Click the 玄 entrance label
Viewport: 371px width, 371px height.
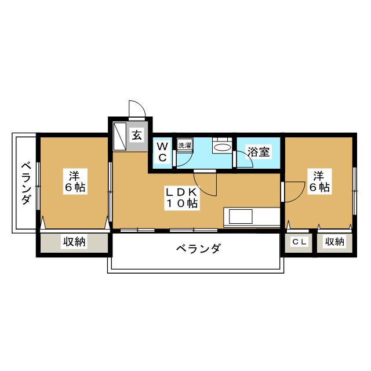(137, 136)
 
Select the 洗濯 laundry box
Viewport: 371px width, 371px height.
(184, 146)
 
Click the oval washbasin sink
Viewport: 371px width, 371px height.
(221, 148)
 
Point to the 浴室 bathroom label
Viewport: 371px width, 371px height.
(258, 152)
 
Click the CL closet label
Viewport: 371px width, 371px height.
(299, 242)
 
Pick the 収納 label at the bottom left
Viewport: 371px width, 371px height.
(74, 242)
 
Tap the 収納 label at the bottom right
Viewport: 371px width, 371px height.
(334, 242)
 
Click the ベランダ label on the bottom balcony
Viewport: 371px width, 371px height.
(198, 250)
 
